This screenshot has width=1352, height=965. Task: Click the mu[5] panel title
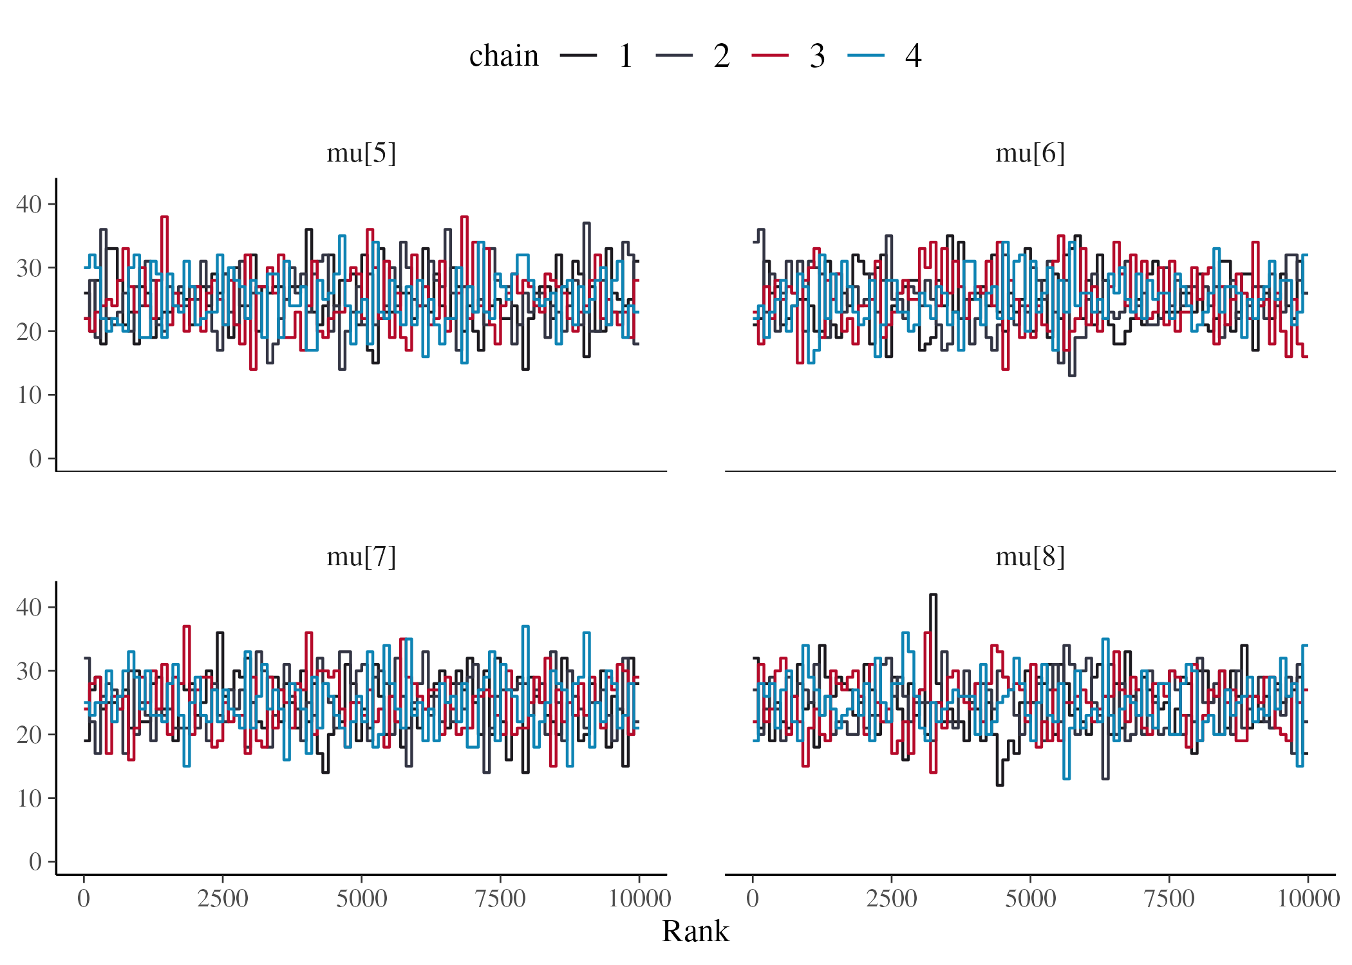[x=361, y=154]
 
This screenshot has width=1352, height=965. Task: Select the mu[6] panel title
[x=1029, y=154]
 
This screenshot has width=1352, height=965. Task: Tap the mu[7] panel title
[x=361, y=557]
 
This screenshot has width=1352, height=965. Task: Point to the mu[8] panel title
[x=1029, y=557]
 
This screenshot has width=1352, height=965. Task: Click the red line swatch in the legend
[x=770, y=56]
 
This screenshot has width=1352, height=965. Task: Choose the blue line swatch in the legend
[x=866, y=56]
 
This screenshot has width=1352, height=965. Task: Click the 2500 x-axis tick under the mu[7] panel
[x=222, y=899]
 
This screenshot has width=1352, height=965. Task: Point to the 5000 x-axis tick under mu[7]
[x=361, y=899]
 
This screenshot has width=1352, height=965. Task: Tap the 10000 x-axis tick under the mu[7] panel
[x=639, y=899]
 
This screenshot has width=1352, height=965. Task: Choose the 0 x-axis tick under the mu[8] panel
[x=753, y=899]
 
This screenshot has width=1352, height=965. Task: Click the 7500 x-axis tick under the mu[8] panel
[x=1169, y=899]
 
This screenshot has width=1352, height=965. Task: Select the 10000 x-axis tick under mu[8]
[x=1308, y=899]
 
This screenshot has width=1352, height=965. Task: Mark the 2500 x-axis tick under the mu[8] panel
[x=891, y=899]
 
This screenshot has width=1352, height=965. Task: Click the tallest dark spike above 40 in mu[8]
[x=934, y=595]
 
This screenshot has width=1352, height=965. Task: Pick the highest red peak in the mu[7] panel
[x=187, y=626]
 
